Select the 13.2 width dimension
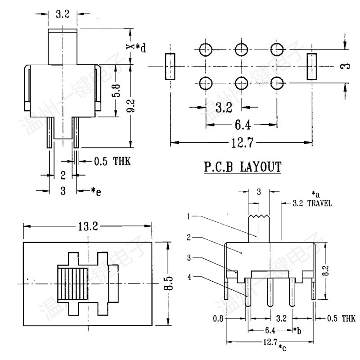[x=88, y=226]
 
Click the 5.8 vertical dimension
[x=116, y=91]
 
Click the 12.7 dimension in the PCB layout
[x=241, y=143]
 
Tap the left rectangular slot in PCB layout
[x=170, y=67]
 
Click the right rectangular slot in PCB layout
[x=312, y=67]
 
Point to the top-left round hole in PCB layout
[x=206, y=49]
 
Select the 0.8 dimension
[x=219, y=319]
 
